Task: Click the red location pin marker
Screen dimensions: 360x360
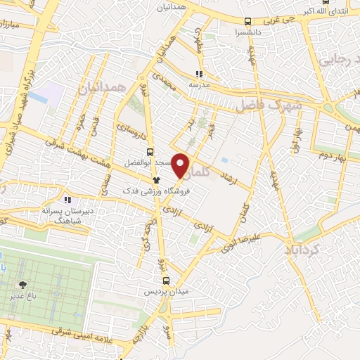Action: coord(181,165)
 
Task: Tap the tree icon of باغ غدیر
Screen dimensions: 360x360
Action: coord(23,285)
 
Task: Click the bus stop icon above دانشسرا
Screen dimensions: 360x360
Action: coord(247,22)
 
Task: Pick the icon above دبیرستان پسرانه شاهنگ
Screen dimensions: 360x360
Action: coord(67,200)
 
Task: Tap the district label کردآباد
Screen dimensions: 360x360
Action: coord(303,250)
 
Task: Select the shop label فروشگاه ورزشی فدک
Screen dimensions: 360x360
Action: coord(148,191)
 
